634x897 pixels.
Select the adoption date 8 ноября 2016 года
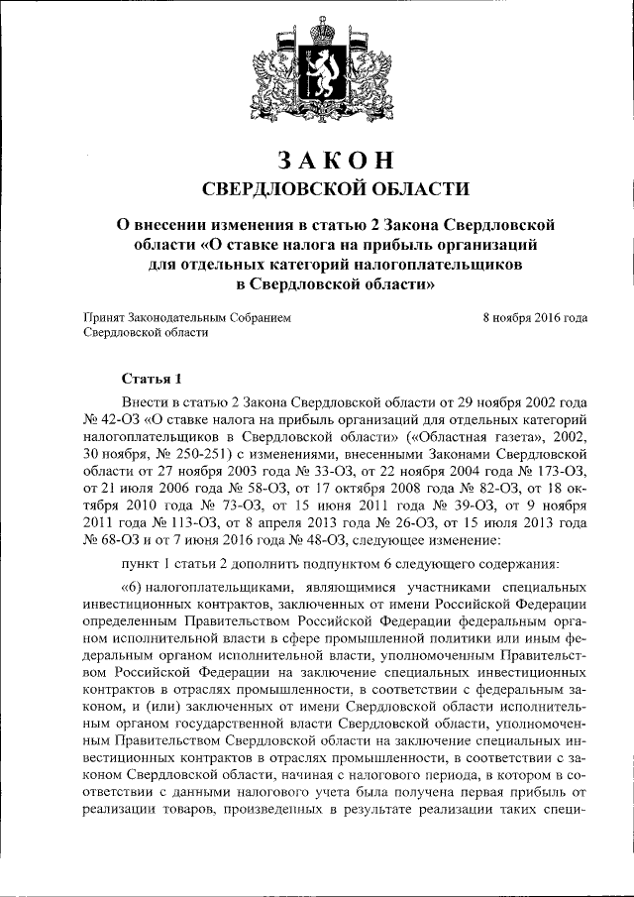534,317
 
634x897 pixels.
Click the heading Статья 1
152,379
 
